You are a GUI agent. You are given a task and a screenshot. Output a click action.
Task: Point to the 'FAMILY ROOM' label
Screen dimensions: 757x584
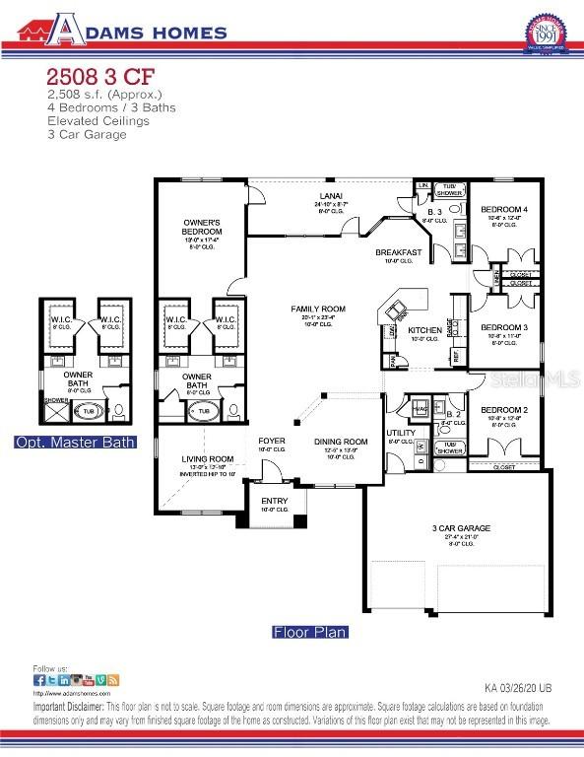click(313, 309)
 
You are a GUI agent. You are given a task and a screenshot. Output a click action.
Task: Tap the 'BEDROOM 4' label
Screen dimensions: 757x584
click(504, 210)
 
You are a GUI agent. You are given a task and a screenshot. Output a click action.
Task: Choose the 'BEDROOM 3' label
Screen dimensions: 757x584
click(504, 326)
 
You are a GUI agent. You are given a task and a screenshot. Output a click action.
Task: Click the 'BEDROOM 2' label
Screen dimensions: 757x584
click(504, 409)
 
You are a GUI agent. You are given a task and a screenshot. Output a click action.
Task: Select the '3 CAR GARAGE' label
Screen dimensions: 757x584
click(461, 528)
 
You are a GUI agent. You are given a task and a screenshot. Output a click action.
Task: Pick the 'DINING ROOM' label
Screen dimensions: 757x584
click(341, 442)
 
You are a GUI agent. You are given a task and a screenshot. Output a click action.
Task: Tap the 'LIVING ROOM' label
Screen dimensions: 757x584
click(208, 458)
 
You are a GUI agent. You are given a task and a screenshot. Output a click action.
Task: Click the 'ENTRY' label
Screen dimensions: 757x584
click(275, 501)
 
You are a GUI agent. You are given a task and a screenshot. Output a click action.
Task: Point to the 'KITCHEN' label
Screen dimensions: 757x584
click(425, 329)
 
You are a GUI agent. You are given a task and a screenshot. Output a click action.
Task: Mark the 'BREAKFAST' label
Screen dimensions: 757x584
click(399, 252)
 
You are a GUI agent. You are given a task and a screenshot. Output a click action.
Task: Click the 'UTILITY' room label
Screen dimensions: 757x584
click(401, 432)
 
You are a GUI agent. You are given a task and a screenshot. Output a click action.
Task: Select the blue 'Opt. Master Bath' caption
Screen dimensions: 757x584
click(75, 443)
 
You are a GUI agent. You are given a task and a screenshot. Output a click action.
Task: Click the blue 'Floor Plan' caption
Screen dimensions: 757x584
click(309, 632)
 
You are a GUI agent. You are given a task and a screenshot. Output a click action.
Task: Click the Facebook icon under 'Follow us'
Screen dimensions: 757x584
click(38, 680)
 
